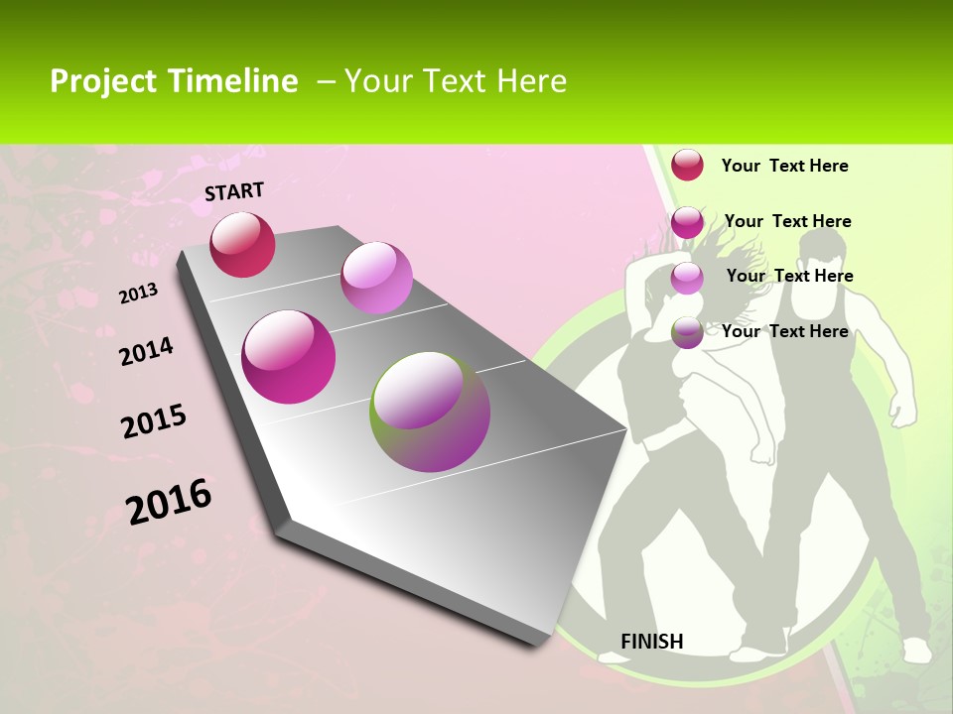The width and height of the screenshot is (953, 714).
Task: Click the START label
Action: [234, 191]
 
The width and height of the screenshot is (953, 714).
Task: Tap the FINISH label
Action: [651, 642]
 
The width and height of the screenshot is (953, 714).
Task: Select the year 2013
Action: [138, 294]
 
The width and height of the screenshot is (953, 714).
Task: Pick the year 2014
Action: [146, 352]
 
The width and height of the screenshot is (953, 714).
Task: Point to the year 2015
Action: [154, 421]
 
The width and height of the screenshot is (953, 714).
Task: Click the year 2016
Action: [169, 502]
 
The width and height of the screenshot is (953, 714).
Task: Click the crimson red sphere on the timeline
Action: [242, 244]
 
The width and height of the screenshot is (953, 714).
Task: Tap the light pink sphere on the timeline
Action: [376, 277]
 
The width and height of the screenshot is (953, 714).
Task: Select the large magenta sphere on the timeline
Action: [288, 357]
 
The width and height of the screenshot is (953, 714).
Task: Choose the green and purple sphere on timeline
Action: [430, 412]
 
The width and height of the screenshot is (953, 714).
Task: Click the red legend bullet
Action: [687, 165]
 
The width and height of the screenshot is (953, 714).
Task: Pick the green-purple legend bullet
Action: [687, 332]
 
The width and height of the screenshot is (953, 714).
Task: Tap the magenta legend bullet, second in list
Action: [687, 222]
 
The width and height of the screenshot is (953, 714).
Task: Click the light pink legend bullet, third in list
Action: [687, 278]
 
